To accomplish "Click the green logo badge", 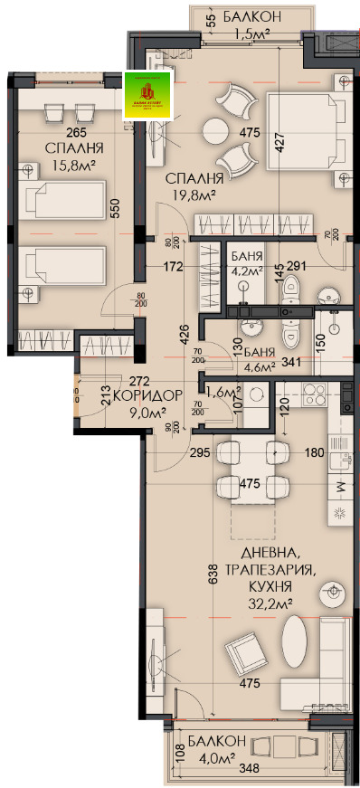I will (146, 95).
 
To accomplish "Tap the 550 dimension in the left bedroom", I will (116, 209).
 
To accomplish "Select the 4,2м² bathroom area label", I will (244, 269).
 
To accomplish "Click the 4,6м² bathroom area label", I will (259, 367).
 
